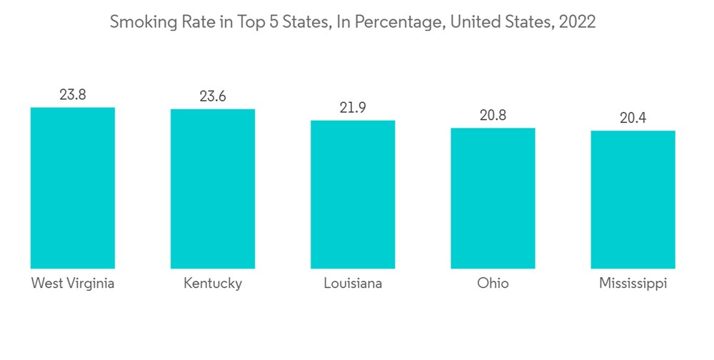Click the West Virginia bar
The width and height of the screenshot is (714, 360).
[73, 188]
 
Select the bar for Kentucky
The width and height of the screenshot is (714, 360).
[213, 189]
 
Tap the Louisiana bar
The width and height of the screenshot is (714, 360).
[353, 194]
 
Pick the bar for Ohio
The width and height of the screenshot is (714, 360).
[493, 198]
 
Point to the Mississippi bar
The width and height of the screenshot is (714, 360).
[633, 199]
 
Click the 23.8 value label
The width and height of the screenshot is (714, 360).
[73, 94]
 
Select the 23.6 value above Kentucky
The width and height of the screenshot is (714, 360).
[213, 96]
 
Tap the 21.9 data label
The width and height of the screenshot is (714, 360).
[353, 107]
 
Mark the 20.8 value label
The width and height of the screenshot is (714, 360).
[493, 115]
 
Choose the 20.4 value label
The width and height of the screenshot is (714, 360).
[633, 118]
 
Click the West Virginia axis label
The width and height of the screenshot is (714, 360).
[73, 284]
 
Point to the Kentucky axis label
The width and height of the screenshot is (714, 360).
[213, 284]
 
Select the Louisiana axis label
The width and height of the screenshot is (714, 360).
[353, 284]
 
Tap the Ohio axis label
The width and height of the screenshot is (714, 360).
[493, 284]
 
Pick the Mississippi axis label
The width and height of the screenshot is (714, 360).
[633, 284]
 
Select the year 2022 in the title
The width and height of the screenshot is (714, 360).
[578, 22]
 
